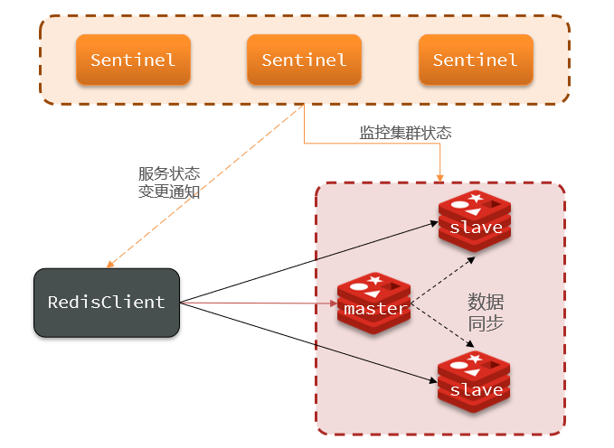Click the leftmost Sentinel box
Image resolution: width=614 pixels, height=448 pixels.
[x=133, y=60]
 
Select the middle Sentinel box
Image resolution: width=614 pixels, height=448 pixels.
[x=304, y=60]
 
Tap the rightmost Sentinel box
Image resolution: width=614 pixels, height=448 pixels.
[x=476, y=60]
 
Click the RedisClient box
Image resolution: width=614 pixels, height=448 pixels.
[x=107, y=302]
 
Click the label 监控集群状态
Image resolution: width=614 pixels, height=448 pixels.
[x=406, y=133]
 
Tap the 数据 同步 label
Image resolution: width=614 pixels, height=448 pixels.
[x=486, y=312]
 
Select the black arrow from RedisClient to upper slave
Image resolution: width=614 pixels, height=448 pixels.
[x=307, y=263]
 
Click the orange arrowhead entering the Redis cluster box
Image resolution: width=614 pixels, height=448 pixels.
[x=440, y=175]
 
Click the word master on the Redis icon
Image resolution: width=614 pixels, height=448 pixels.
[x=375, y=309]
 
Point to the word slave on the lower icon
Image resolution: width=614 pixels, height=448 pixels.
[x=476, y=390]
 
